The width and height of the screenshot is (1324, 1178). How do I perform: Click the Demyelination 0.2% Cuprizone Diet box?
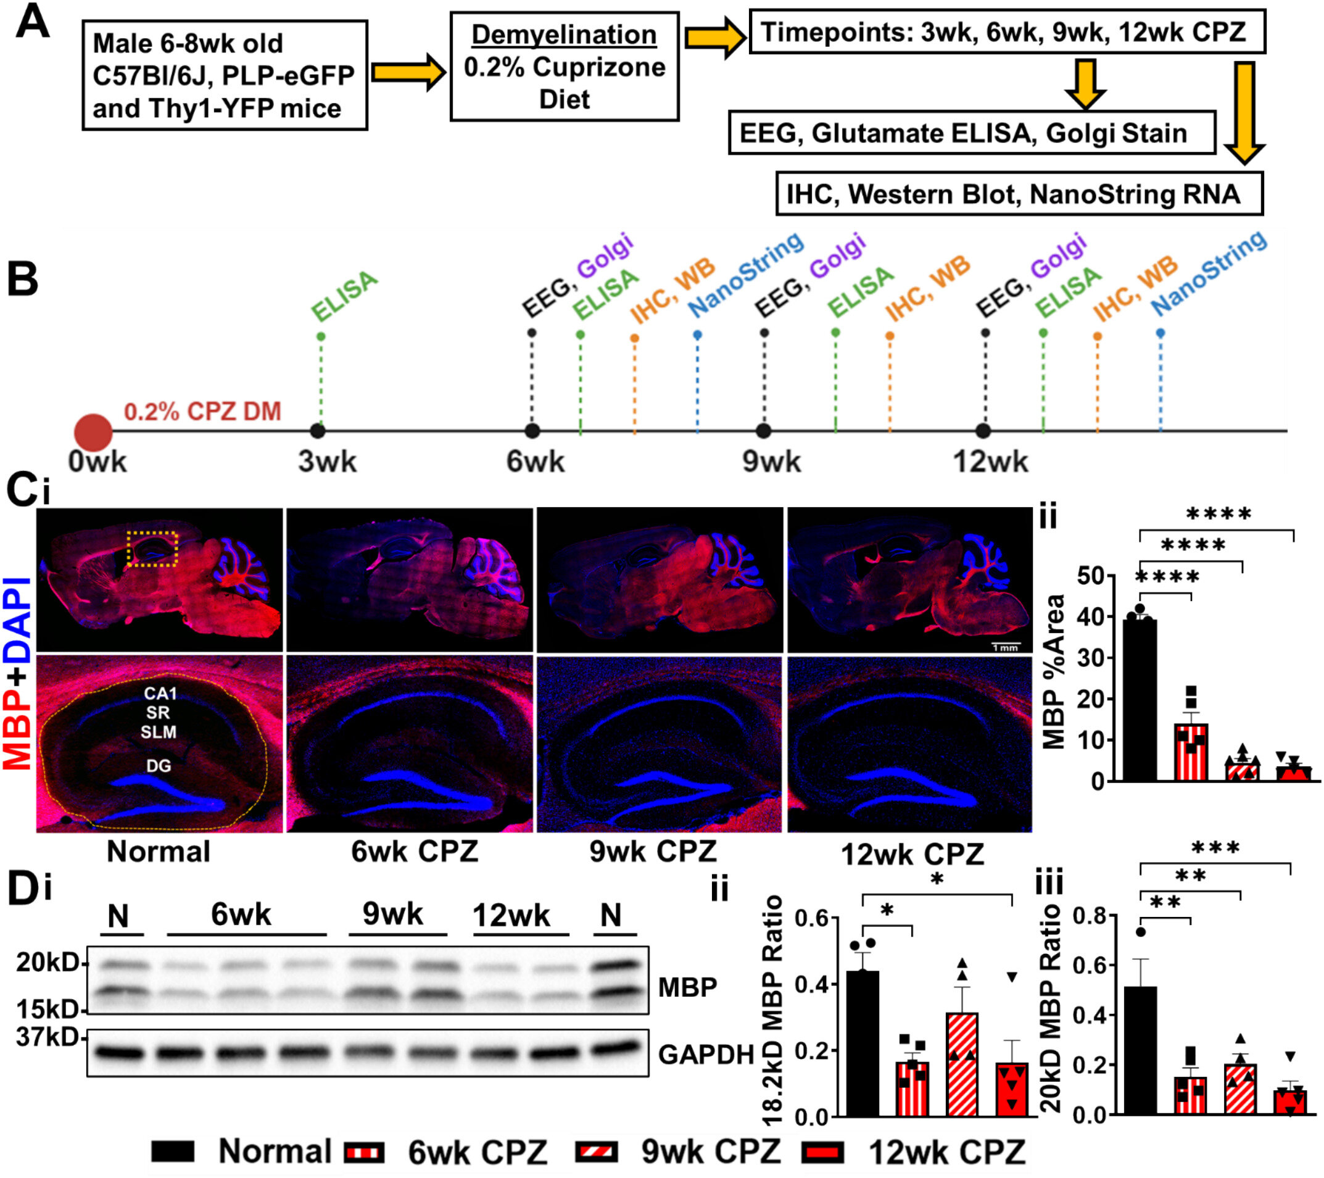coord(564,67)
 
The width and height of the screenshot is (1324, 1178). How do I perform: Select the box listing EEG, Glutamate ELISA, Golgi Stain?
coord(972,133)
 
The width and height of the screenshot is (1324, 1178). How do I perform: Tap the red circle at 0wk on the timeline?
coord(93,432)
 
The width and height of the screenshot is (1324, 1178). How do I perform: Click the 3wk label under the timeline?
coord(327,462)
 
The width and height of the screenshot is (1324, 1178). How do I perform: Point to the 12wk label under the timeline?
coord(990,462)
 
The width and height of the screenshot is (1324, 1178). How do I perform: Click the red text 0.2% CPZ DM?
coord(202,412)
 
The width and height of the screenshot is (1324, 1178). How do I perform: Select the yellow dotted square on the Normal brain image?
coord(152,549)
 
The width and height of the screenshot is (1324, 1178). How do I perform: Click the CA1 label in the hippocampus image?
coord(160,694)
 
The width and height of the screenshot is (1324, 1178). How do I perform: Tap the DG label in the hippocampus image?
coord(159,766)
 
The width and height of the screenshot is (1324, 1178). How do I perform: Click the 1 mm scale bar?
coord(1005,646)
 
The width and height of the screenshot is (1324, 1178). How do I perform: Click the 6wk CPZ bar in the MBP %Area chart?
coord(1191,752)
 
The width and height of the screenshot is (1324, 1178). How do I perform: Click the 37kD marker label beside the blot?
coord(47,1037)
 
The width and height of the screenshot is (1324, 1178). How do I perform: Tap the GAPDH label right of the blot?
coord(705,1055)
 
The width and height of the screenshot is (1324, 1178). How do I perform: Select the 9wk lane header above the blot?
coord(393,915)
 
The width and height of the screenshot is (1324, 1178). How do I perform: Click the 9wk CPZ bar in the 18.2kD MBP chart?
coord(962,1064)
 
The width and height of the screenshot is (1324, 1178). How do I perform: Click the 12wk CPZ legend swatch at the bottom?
coord(823,1152)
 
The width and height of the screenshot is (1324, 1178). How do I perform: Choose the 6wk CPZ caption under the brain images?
coord(415,852)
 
